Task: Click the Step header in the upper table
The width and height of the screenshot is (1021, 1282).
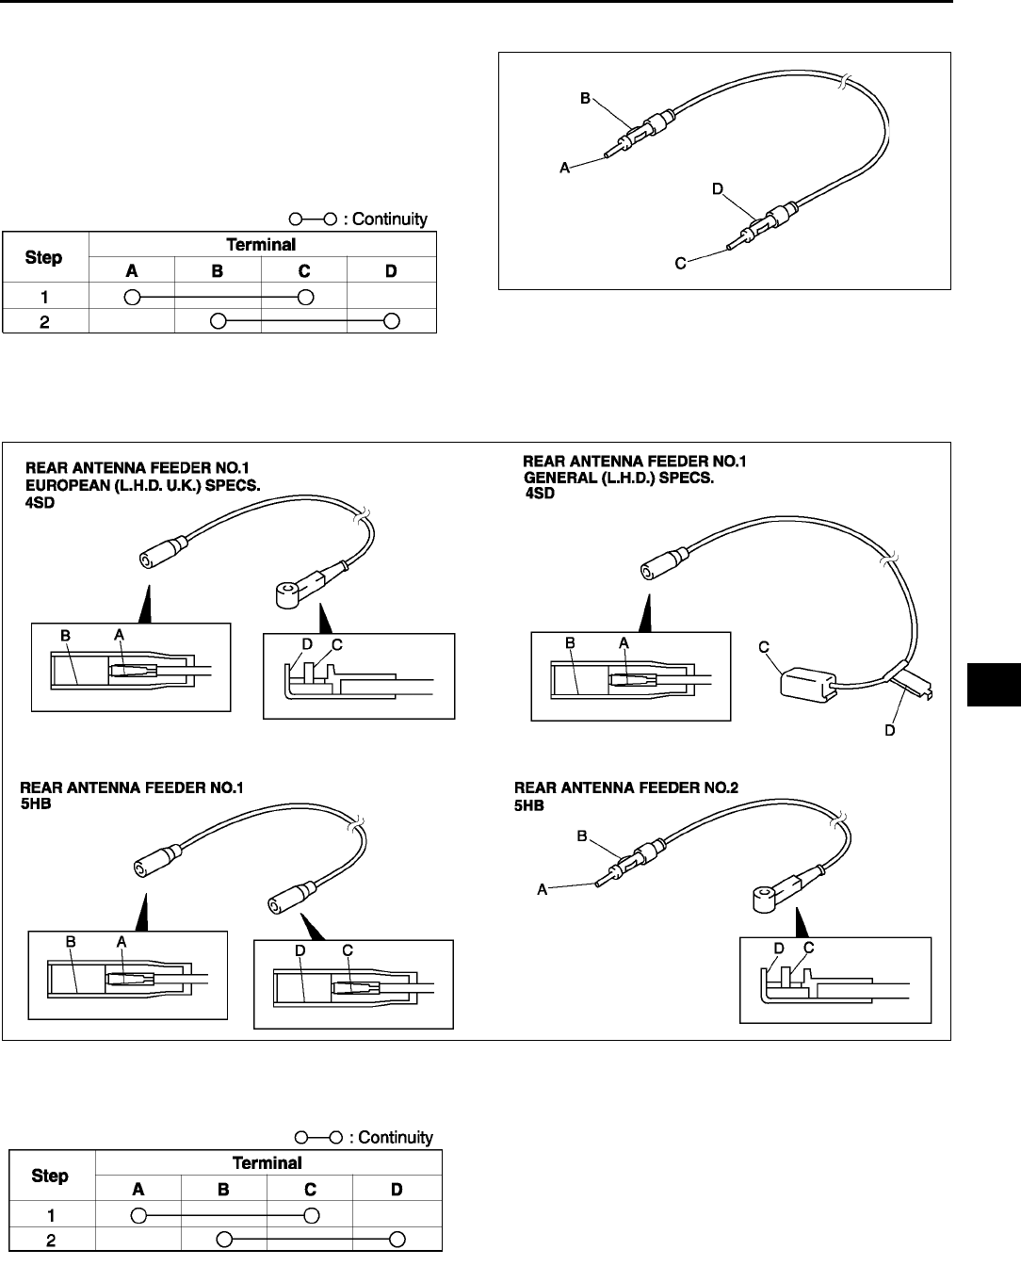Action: (x=44, y=257)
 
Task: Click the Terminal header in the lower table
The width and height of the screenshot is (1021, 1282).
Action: (x=267, y=1162)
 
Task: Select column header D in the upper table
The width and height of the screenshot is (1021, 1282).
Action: (x=391, y=270)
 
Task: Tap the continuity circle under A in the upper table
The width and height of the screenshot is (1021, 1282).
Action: (x=132, y=297)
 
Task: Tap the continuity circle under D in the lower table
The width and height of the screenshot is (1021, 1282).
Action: (x=397, y=1238)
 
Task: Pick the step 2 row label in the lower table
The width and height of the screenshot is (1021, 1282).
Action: (x=51, y=1240)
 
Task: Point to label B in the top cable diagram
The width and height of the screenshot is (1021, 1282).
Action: (x=585, y=98)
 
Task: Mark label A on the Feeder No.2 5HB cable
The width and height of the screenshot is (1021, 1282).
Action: (x=543, y=887)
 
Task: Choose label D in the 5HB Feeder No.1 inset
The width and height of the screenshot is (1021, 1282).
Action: (x=300, y=951)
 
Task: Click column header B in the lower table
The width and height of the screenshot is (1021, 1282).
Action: (x=223, y=1189)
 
